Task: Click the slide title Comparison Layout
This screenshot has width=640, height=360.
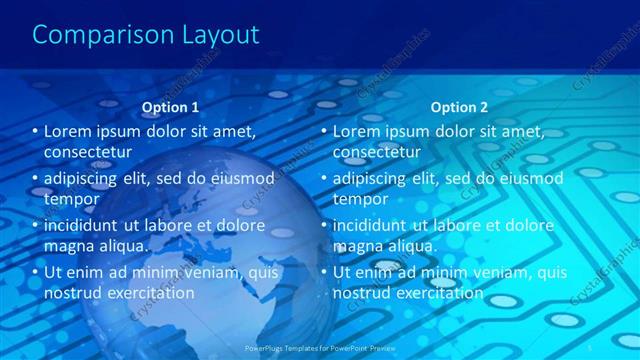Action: (146, 35)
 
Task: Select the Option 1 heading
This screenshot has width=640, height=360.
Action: (170, 107)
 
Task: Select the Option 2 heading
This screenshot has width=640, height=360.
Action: (459, 107)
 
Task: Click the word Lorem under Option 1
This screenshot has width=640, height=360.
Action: (69, 132)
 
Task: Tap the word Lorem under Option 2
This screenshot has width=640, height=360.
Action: (357, 132)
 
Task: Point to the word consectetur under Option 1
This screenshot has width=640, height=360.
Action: (89, 152)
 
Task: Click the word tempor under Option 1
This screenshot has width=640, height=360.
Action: (69, 199)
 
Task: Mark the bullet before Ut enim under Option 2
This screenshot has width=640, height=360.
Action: (323, 272)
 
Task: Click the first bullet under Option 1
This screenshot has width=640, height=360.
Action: (35, 132)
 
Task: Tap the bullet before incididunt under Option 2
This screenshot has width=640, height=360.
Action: (323, 225)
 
